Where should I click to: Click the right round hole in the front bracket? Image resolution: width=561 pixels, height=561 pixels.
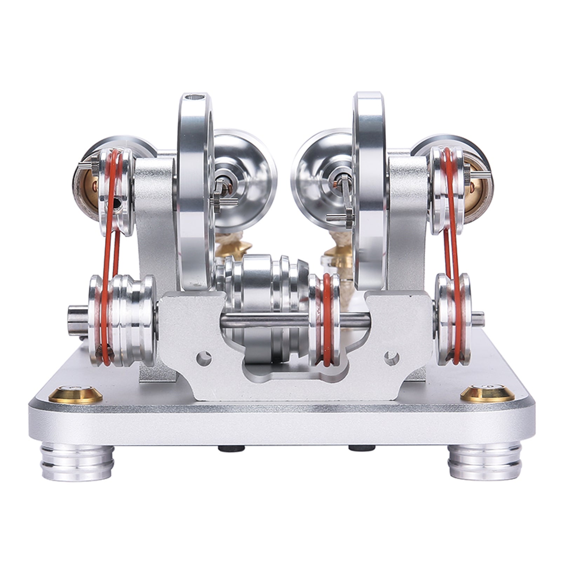[392, 358]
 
